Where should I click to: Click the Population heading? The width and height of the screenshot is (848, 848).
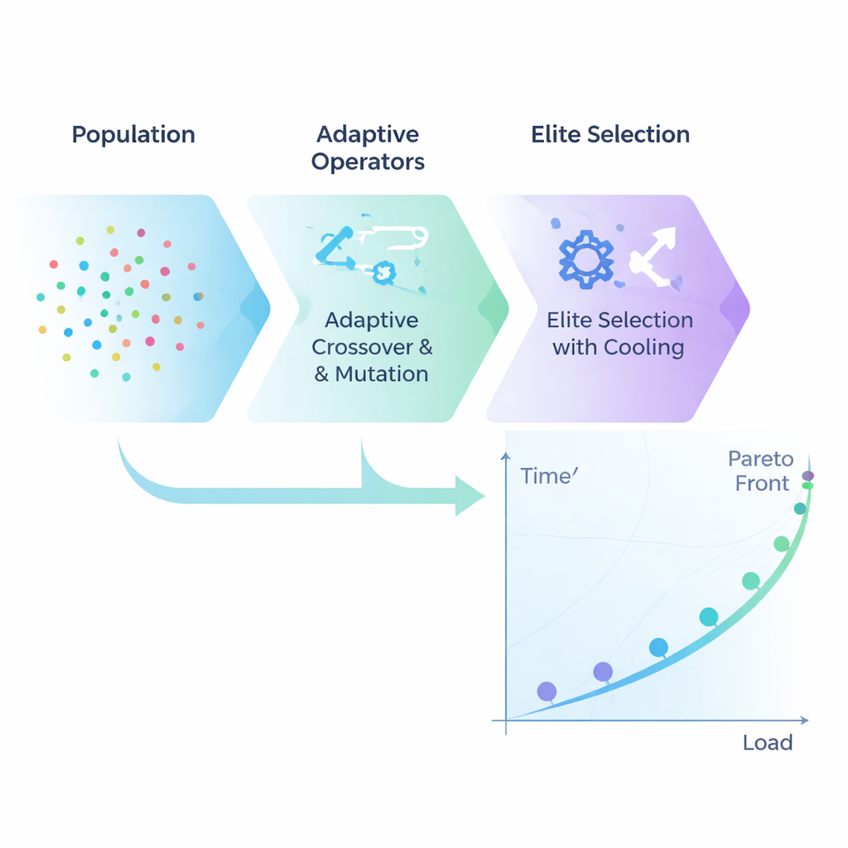coord(133,135)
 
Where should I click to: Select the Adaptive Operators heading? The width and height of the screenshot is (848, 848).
coord(368,147)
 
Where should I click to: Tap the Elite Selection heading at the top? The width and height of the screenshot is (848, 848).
coord(610,135)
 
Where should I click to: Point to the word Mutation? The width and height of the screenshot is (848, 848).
coord(382,373)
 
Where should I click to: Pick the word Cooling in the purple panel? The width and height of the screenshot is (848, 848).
coord(643,347)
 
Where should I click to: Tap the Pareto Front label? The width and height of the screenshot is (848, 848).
coord(761,470)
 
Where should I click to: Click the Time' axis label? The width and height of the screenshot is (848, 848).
coord(547,476)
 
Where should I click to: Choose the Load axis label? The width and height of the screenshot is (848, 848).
coord(768,742)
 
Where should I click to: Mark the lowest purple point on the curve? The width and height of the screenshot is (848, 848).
coord(547,691)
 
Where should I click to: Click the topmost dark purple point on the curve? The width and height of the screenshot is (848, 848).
coord(807,476)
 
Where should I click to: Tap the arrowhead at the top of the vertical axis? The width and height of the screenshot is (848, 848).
coord(505,457)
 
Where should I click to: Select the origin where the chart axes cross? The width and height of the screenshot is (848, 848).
coord(505,720)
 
